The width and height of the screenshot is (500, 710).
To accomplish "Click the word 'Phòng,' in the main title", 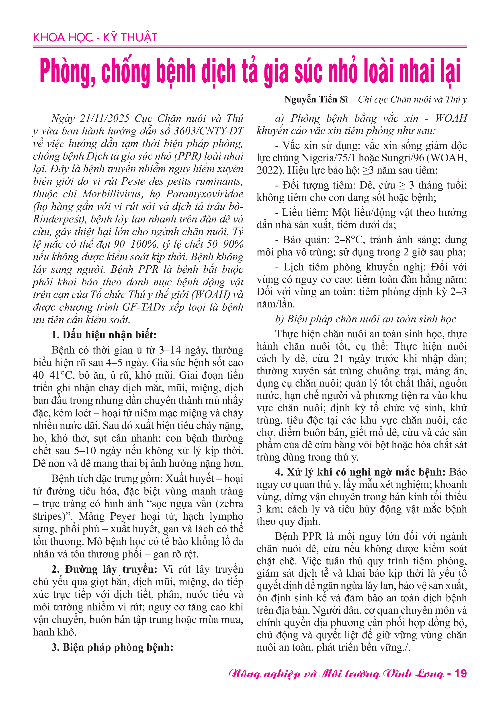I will [68, 71].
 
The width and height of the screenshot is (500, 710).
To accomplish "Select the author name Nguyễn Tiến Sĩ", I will [316, 100].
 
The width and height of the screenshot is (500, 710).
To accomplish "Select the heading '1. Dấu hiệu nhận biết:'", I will [104, 335].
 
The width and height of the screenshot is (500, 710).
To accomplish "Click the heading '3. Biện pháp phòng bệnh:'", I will [112, 647].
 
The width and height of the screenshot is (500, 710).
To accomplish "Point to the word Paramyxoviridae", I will [205, 194].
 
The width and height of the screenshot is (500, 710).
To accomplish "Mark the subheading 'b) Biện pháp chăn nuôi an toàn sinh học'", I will [365, 319].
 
